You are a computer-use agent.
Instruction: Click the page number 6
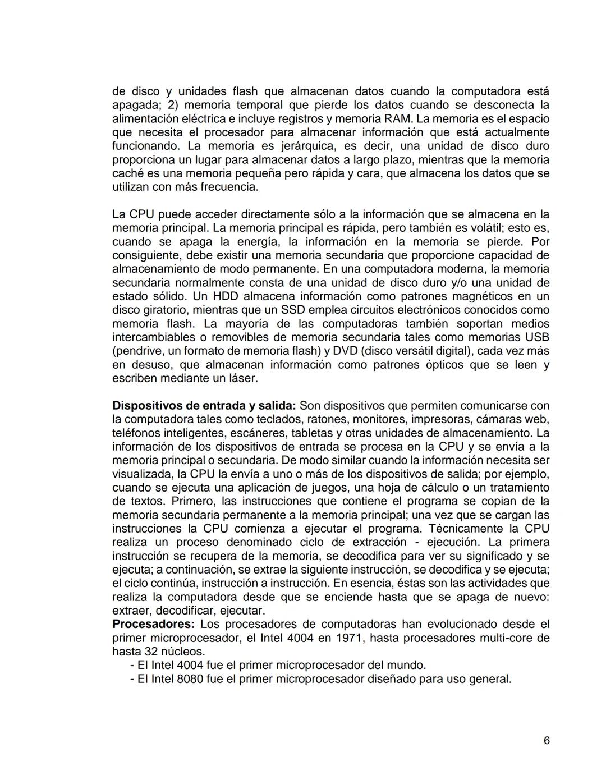[546, 741]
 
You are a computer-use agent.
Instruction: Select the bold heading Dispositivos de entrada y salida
[205, 406]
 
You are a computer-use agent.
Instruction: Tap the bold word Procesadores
[153, 624]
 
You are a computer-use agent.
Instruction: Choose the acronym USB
[537, 337]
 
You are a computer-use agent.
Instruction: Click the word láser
[242, 378]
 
